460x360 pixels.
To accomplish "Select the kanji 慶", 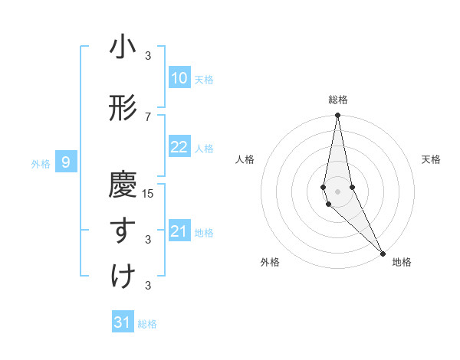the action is click(123, 185).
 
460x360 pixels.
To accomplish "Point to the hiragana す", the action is click(123, 231).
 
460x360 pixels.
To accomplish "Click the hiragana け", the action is click(123, 277).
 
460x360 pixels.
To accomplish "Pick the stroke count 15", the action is click(149, 193).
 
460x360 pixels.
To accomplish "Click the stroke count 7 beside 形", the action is click(148, 116).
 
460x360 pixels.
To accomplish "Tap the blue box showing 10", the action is click(179, 78).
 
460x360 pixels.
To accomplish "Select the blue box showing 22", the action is click(179, 148).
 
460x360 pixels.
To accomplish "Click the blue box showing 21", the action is click(179, 232).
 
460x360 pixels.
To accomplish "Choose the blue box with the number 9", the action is click(67, 162).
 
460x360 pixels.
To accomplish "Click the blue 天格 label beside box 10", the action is click(204, 80).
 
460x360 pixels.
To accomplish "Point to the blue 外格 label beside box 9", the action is click(41, 163).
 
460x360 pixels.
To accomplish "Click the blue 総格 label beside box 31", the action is click(147, 324).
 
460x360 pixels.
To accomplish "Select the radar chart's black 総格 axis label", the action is click(338, 100).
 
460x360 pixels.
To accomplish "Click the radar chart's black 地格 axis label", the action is click(402, 262).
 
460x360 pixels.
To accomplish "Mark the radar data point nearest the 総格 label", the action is click(337, 116).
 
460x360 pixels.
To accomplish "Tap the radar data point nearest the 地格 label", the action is click(383, 252).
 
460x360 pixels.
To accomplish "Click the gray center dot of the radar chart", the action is click(337, 191).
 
